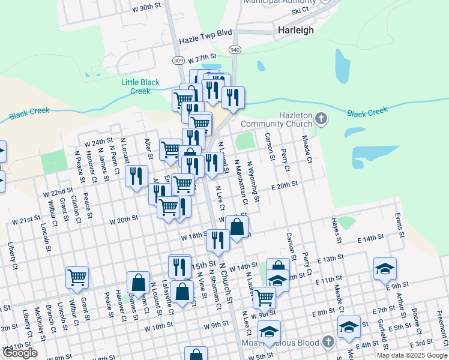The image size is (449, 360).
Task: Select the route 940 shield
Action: (x=234, y=49)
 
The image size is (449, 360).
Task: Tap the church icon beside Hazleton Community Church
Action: (x=321, y=118)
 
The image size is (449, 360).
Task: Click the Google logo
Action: (x=20, y=353)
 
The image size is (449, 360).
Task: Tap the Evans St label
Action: (x=397, y=221)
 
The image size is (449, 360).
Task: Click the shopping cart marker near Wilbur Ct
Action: (x=77, y=277)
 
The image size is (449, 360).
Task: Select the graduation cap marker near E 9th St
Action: (x=385, y=268)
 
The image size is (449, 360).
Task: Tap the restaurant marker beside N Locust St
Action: (x=137, y=176)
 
